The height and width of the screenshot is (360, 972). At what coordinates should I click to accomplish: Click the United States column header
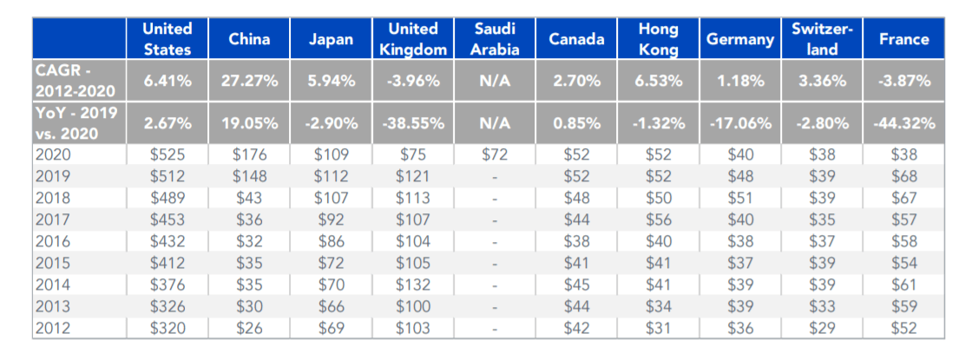coord(167,39)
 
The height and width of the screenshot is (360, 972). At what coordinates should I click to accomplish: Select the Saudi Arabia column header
coord(496,39)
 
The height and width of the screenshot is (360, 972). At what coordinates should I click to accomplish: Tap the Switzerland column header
coord(821,39)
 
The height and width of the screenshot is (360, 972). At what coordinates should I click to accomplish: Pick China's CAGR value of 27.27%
coord(249,81)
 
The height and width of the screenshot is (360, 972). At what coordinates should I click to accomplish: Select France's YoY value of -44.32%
coord(903,123)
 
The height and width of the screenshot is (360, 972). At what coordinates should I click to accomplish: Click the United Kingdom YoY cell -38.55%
coord(413,123)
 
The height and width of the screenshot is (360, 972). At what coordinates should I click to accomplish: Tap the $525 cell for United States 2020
coord(167,154)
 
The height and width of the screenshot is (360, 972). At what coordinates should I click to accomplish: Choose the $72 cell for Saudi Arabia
coord(496,154)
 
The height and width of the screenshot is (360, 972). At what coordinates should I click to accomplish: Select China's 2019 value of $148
coord(249,176)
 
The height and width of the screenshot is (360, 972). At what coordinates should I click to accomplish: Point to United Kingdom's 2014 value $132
coord(413,285)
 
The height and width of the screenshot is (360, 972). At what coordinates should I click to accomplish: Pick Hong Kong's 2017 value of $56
coord(659,219)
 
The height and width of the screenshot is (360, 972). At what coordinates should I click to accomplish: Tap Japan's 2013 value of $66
coord(332,306)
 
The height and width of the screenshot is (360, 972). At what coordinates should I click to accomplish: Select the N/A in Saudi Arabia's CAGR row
coord(496,81)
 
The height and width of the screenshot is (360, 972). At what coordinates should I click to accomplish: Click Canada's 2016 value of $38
coord(577,241)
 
